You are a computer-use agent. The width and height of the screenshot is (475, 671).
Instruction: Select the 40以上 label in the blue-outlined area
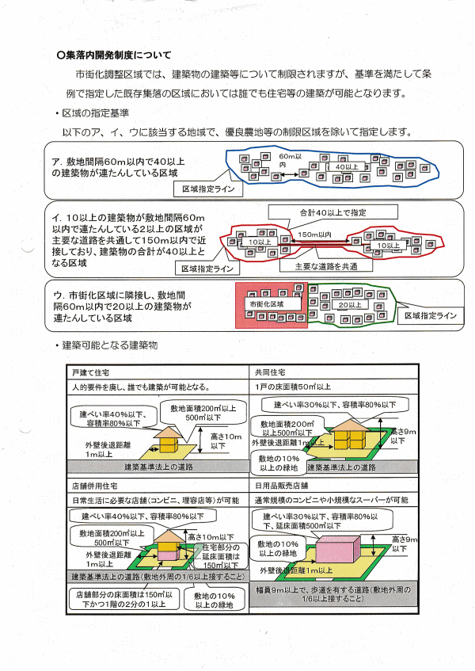click(348, 167)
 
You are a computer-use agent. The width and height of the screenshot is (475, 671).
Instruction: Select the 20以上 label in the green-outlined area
click(349, 305)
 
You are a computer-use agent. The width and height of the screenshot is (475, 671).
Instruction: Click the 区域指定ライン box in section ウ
click(430, 316)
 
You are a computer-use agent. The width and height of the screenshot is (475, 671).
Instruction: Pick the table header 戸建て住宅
click(92, 372)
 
